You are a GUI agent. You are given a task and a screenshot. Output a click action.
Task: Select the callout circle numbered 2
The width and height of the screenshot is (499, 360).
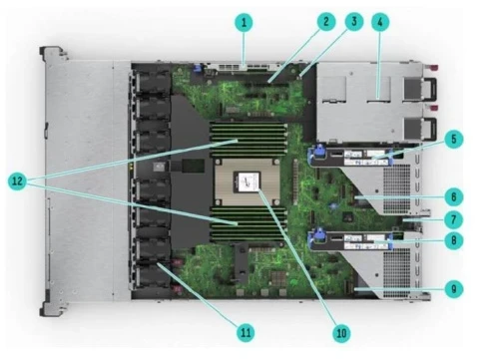[324, 20]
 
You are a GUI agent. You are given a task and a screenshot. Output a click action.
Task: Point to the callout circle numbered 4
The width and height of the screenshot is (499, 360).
[380, 20]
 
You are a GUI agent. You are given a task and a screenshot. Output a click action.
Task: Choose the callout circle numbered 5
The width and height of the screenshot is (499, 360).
[455, 140]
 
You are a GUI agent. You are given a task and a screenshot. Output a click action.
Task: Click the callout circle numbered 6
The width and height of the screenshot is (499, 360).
[455, 197]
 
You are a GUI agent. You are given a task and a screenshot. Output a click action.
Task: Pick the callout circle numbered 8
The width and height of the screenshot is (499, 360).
[455, 238]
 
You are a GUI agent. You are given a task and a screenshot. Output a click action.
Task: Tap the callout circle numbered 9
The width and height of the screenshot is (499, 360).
[455, 287]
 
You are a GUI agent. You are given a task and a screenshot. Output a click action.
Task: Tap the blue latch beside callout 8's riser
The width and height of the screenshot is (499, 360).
[321, 237]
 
